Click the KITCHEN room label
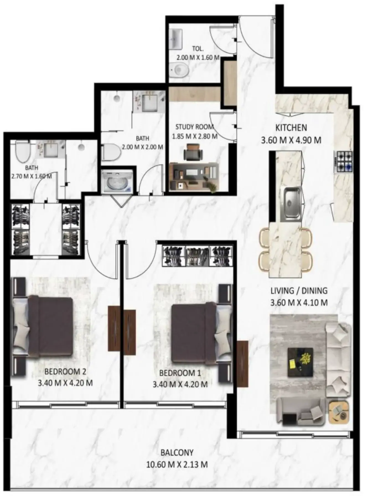tap(291, 128)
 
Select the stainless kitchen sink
tap(291, 203)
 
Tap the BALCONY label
tap(177, 452)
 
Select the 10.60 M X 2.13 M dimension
tap(177, 464)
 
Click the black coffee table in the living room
tap(301, 362)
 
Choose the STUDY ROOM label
tap(195, 127)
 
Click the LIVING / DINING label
tap(299, 291)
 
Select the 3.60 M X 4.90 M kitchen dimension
tap(291, 140)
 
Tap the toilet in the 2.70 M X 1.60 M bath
tap(23, 152)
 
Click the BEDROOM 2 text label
tap(65, 372)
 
